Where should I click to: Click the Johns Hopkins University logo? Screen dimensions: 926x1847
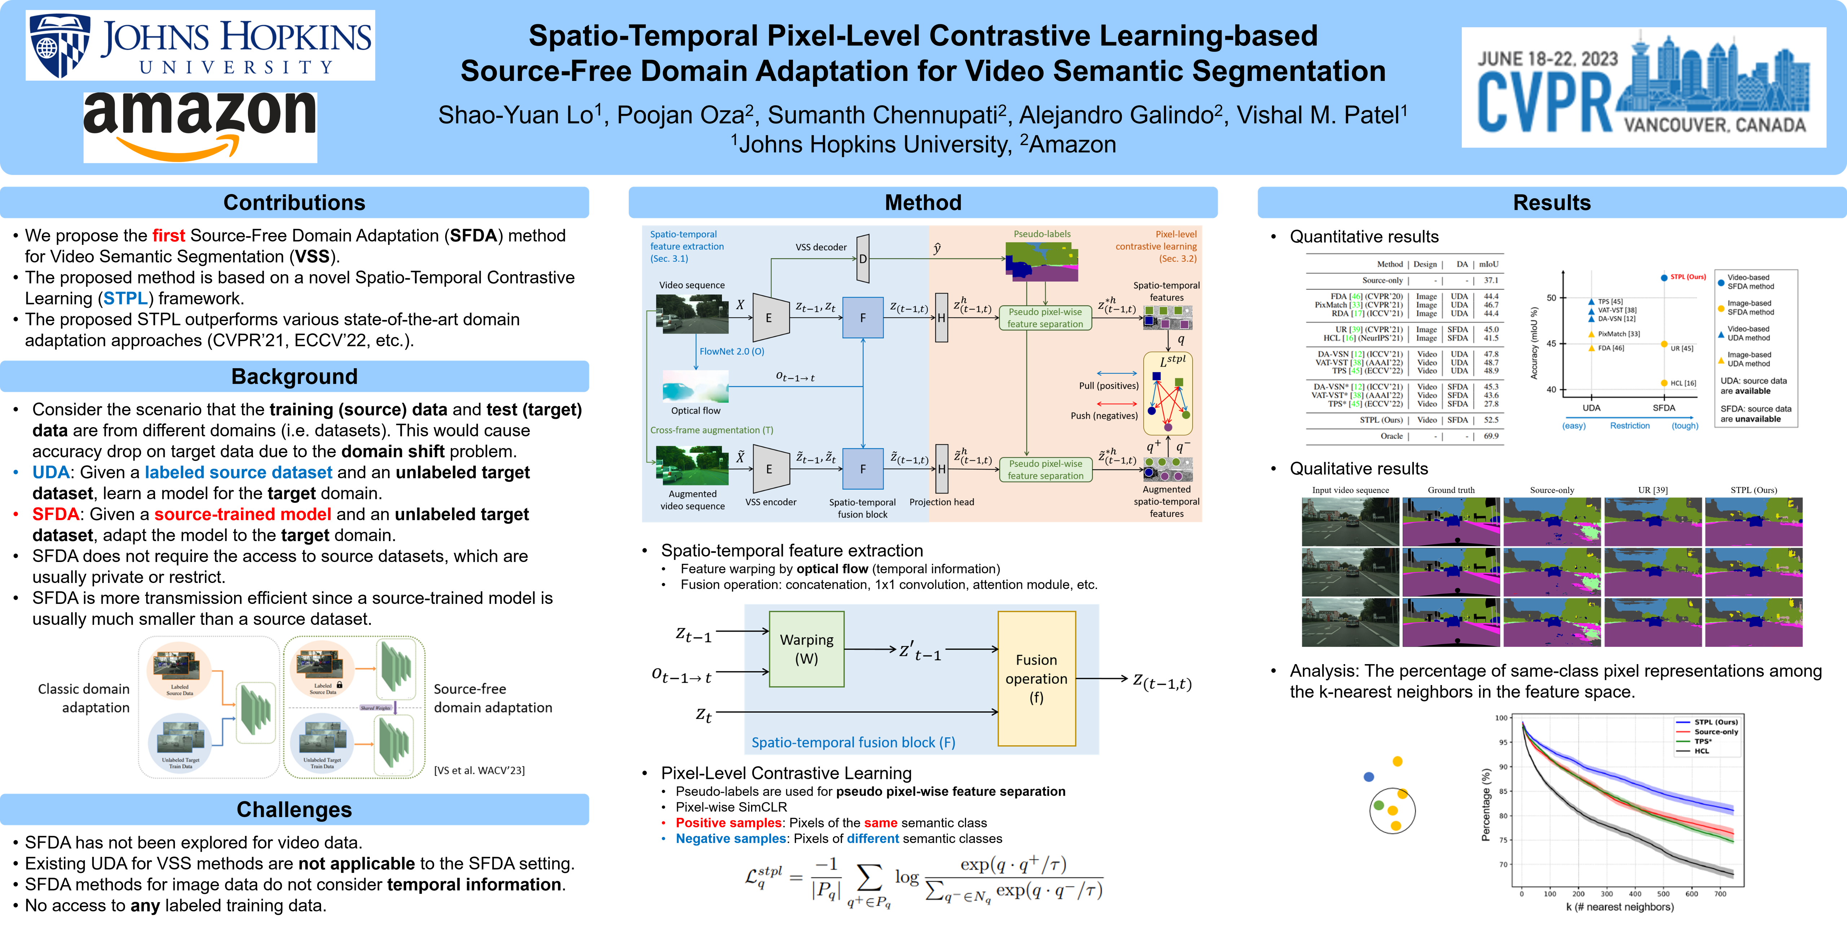click(200, 45)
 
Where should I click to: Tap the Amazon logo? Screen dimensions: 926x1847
click(200, 126)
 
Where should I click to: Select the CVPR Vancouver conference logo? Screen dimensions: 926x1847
click(1644, 87)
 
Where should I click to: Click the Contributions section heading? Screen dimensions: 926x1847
click(294, 203)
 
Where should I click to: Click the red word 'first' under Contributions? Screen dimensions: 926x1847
click(168, 236)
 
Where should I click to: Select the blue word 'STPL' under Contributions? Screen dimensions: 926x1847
click(126, 298)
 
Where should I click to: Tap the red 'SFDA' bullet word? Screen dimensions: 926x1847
click(56, 514)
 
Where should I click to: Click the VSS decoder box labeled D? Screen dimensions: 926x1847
click(863, 259)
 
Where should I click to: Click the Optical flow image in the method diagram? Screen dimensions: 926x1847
click(696, 387)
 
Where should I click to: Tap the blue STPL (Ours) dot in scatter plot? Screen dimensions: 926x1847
click(1663, 277)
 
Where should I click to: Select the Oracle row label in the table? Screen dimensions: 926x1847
click(1392, 436)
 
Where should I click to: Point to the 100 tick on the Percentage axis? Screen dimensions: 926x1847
click(1501, 717)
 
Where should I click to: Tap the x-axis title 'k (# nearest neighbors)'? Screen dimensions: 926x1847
click(1620, 907)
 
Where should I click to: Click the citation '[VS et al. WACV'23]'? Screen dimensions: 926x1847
click(479, 771)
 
